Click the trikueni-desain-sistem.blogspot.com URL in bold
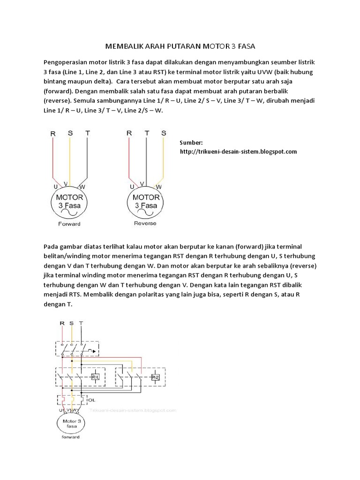tap(239, 151)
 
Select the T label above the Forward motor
tap(87, 133)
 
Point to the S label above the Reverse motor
tap(164, 133)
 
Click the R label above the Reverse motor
tap(129, 133)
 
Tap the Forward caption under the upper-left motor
tap(69, 224)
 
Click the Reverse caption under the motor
tap(145, 223)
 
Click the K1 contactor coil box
tap(95, 376)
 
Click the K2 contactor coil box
tap(155, 376)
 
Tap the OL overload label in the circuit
tap(91, 400)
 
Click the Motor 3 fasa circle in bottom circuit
tap(69, 424)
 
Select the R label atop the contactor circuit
tap(62, 323)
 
